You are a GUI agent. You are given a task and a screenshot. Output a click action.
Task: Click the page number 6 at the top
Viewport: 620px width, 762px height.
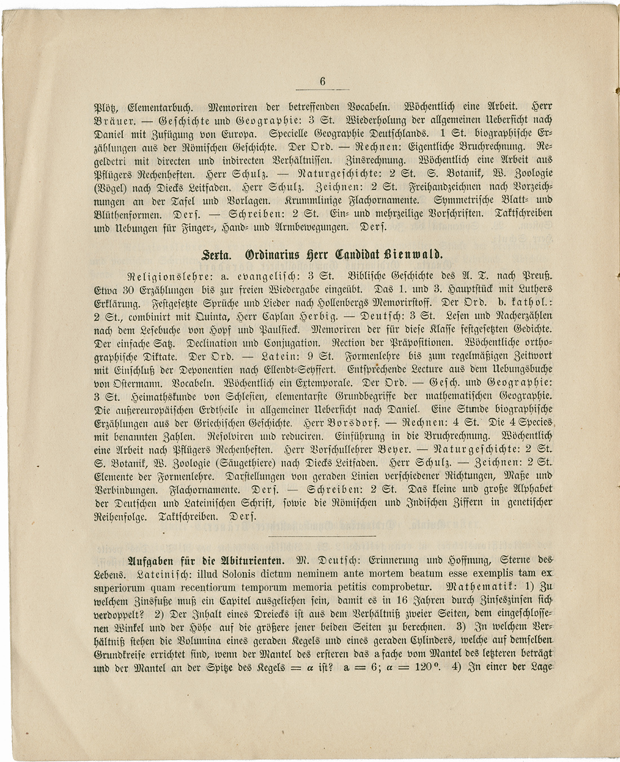(x=322, y=81)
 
